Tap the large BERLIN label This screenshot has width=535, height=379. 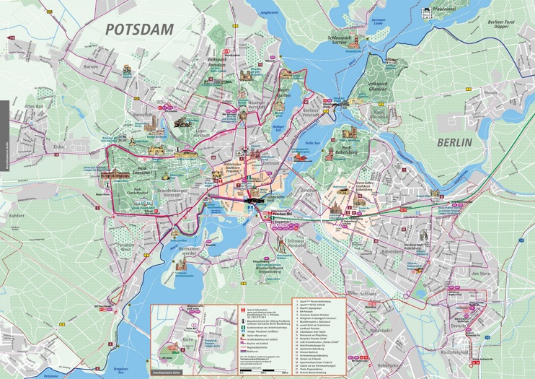point(454,142)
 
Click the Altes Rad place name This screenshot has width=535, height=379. point(35,107)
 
